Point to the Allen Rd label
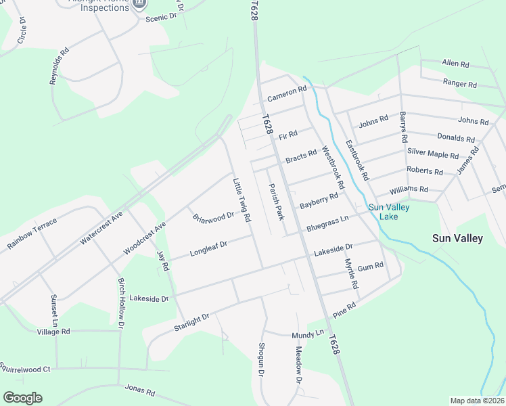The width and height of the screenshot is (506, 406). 455,64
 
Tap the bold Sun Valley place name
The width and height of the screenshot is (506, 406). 458,238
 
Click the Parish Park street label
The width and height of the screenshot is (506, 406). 275,202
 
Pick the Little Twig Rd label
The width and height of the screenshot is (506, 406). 241,200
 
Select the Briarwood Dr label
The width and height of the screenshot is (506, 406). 212,218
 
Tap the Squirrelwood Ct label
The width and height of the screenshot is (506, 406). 25,369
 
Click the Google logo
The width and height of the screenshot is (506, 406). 22,398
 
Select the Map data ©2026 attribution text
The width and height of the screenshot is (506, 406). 477,401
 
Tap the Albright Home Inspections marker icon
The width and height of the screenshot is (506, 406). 140,3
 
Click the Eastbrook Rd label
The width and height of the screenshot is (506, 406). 356,160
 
